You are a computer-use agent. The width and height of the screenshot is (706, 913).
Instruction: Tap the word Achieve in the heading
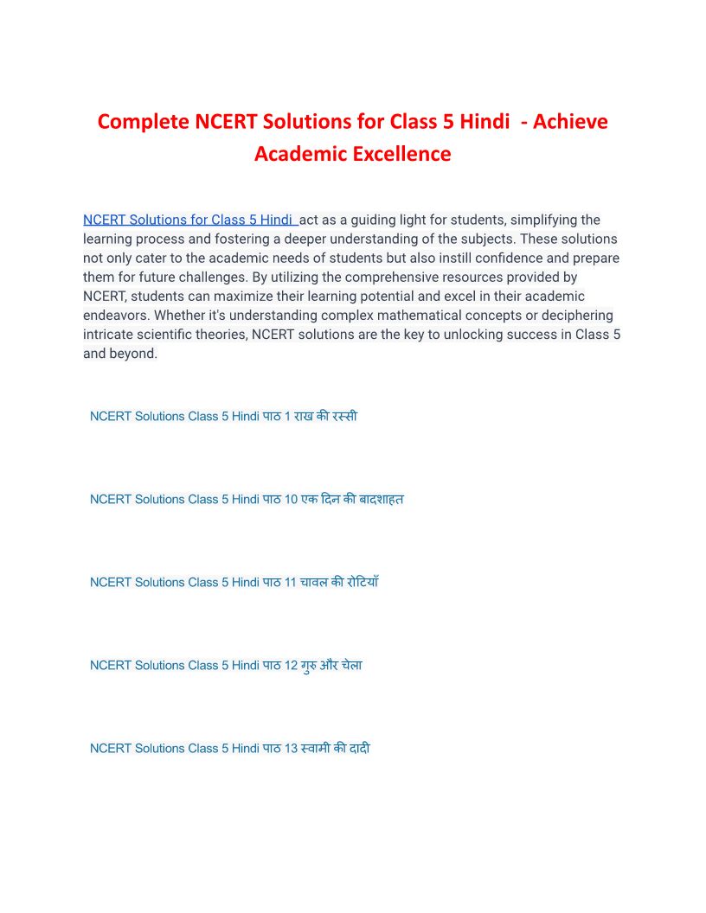[x=570, y=122]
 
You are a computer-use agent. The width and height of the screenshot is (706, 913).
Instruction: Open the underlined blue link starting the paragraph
[x=189, y=220]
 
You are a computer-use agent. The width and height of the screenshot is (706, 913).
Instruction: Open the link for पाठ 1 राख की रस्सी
[x=223, y=416]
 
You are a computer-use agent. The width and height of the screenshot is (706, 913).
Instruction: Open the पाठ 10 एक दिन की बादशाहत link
[x=247, y=499]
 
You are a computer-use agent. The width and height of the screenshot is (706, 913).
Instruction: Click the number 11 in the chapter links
[x=290, y=582]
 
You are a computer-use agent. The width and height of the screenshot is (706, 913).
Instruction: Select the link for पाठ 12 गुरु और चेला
[x=226, y=665]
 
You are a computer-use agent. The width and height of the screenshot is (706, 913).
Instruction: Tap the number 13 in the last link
[x=290, y=748]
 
